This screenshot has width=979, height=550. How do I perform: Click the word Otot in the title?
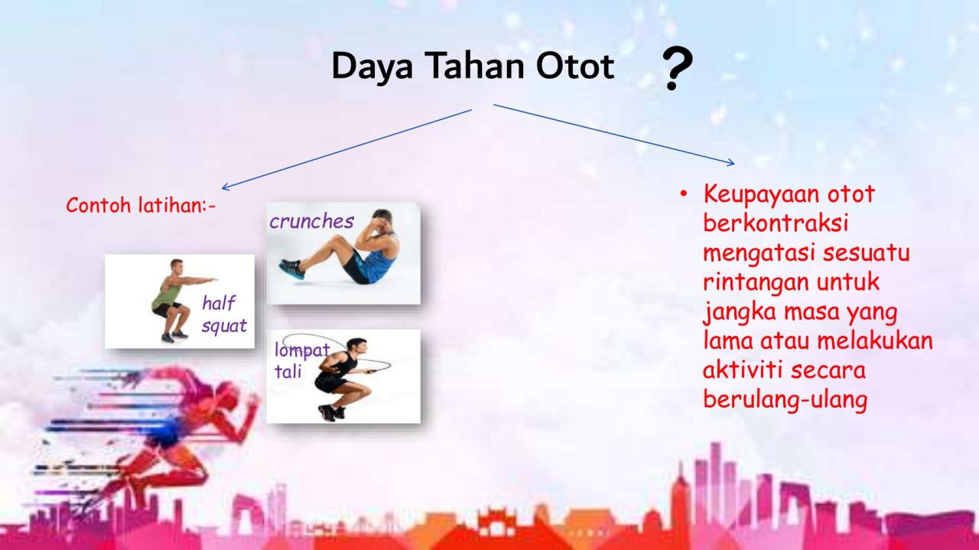coord(575,67)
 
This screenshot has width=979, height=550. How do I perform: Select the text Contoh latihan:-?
coord(141,206)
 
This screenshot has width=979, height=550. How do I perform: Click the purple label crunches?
coord(311,221)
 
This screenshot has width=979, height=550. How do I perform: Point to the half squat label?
coord(223,314)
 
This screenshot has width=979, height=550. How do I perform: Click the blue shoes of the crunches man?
coord(292,268)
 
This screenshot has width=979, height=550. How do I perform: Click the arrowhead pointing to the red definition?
coord(730,161)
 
